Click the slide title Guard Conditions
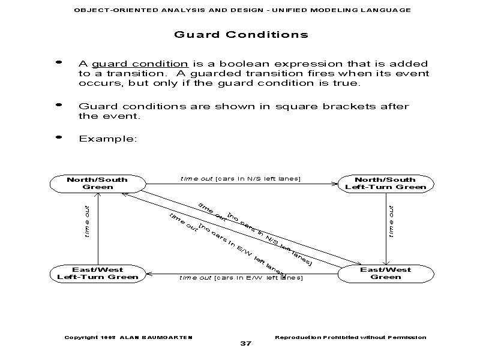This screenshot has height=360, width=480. tap(241, 34)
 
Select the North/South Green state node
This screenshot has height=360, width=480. tap(97, 183)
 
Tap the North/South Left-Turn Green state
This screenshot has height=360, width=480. tap(385, 183)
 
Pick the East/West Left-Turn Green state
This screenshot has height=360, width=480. tap(97, 273)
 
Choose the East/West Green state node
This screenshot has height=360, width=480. tap(385, 273)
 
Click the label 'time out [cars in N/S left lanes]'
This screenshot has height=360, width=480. tap(241, 178)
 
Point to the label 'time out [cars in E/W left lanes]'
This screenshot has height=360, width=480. tap(241, 278)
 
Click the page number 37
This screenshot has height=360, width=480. tap(245, 343)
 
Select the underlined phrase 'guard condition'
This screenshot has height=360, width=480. tap(140, 64)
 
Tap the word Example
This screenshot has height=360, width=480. tap(108, 139)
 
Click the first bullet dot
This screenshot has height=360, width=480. tap(58, 62)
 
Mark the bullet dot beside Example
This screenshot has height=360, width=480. tap(58, 137)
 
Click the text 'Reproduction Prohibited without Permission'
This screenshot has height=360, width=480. tap(350, 337)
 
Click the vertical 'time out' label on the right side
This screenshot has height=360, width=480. tap(391, 221)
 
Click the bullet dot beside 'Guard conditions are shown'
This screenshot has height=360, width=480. tap(58, 105)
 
